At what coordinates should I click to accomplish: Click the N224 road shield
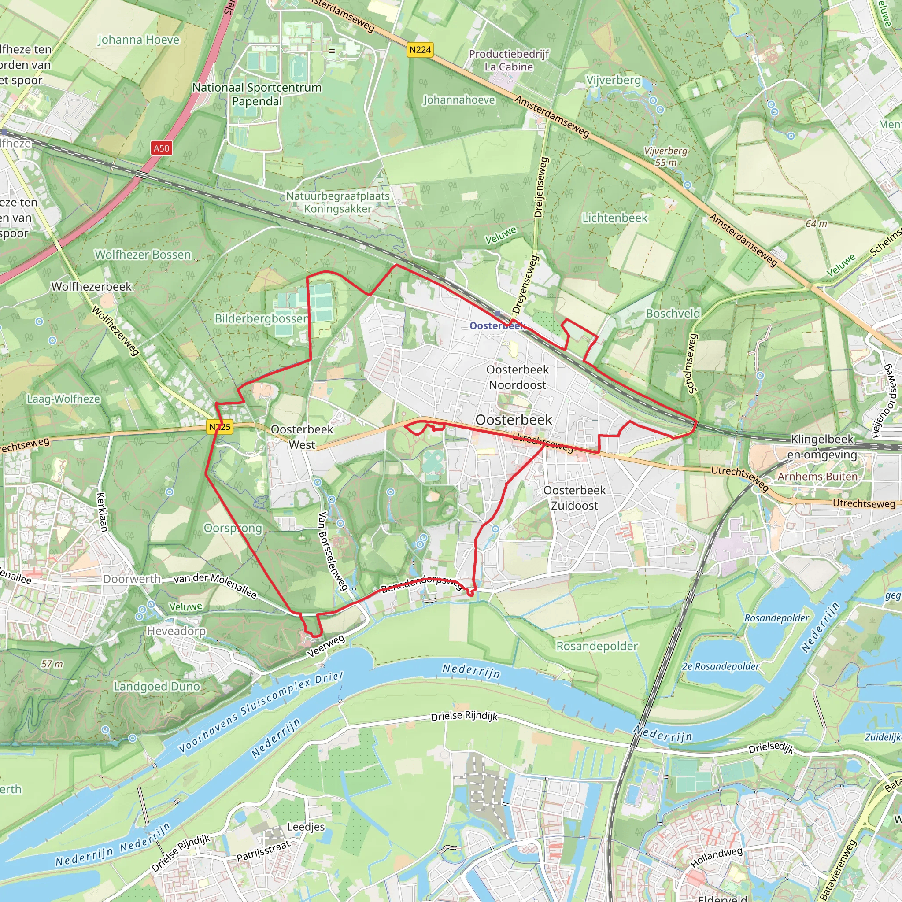click(420, 49)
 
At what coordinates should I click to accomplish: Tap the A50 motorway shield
click(162, 148)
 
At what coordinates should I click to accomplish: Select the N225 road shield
click(220, 427)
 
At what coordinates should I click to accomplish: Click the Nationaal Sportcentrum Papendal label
click(257, 94)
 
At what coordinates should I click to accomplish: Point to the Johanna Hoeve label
click(139, 40)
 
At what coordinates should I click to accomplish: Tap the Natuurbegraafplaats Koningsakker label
click(337, 202)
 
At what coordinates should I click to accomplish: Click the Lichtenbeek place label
click(614, 218)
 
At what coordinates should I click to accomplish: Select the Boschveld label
click(673, 313)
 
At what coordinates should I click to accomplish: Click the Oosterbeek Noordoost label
click(518, 377)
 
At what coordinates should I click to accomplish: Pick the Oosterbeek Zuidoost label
click(574, 498)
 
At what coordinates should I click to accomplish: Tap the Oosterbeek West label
click(302, 437)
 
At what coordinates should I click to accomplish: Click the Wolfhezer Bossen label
click(143, 255)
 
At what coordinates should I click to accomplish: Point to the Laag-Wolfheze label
click(63, 399)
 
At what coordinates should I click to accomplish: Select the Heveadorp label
click(176, 631)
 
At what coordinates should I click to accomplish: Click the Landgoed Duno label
click(157, 686)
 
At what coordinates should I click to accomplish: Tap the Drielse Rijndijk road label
click(464, 716)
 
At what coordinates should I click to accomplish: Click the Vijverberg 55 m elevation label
click(665, 156)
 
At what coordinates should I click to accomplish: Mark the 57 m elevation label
click(52, 664)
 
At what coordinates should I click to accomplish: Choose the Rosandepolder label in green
click(597, 646)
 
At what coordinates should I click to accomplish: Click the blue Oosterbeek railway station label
click(497, 325)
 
